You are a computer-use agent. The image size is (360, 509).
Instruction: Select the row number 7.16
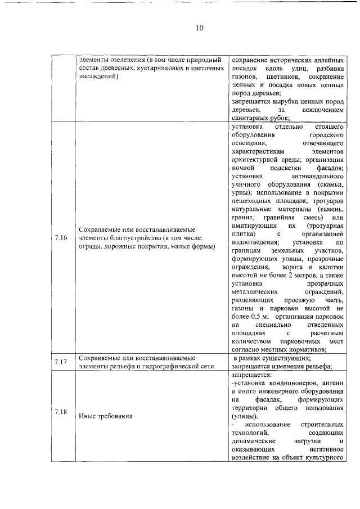point(61,238)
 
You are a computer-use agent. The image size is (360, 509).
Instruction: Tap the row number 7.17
point(61,362)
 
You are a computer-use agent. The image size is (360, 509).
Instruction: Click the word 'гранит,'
point(242,217)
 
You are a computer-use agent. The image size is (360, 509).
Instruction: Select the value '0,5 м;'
point(253,317)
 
